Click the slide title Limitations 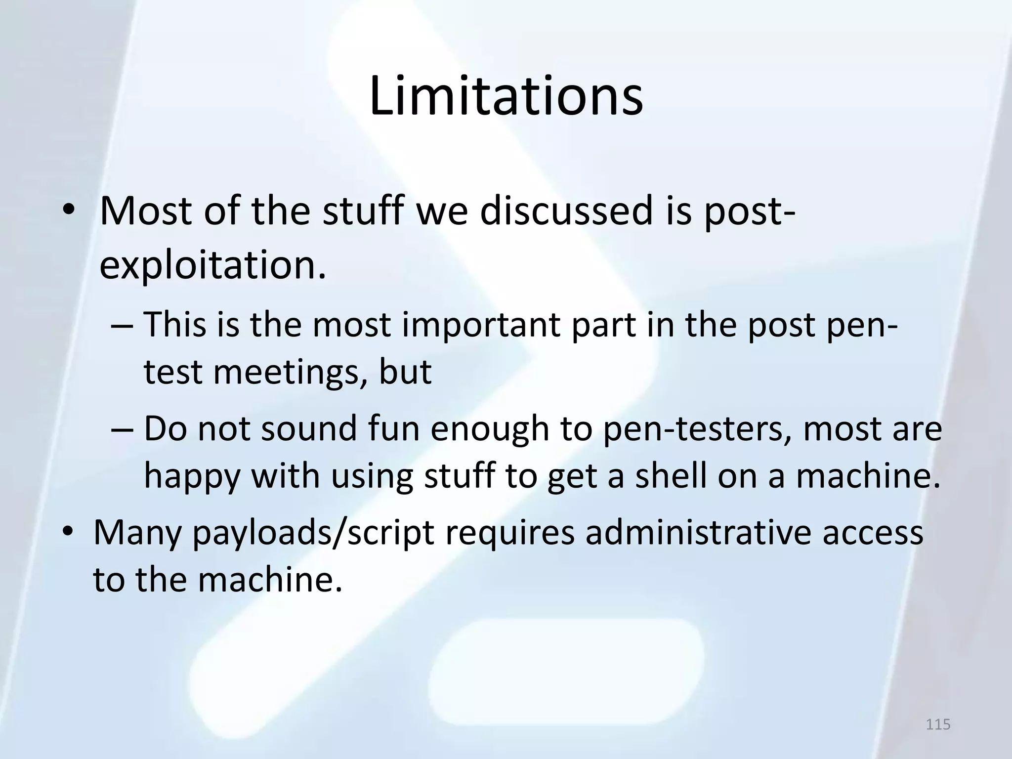[506, 97]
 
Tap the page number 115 [938, 724]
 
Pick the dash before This [122, 326]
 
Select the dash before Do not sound [122, 429]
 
